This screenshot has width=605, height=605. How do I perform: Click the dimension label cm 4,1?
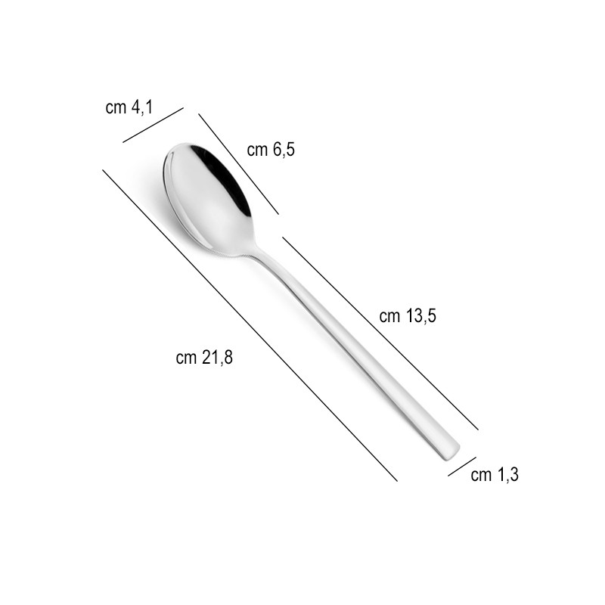pyautogui.click(x=129, y=107)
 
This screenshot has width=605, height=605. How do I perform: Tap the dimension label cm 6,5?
pyautogui.click(x=271, y=150)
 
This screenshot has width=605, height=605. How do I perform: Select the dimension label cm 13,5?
pyautogui.click(x=408, y=316)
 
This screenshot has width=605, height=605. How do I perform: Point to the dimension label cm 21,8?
pyautogui.click(x=204, y=358)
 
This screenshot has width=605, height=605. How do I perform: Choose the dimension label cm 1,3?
pyautogui.click(x=495, y=475)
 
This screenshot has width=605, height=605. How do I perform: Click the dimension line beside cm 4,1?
pyautogui.click(x=153, y=125)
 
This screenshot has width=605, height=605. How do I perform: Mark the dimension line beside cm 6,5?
pyautogui.click(x=238, y=163)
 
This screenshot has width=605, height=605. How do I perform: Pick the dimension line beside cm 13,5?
pyautogui.click(x=380, y=333)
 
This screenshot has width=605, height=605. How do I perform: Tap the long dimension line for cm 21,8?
pyautogui.click(x=250, y=325)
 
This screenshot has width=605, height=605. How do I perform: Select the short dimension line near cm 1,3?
pyautogui.click(x=462, y=467)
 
